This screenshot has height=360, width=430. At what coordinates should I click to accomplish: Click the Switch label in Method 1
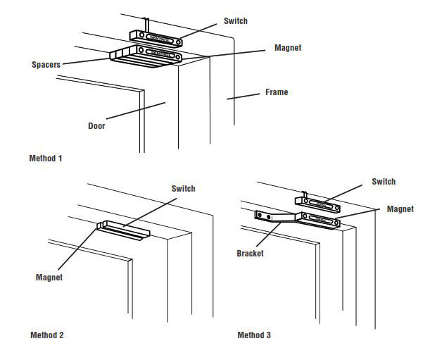point(235,21)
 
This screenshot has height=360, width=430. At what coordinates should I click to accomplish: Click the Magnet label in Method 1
point(288,48)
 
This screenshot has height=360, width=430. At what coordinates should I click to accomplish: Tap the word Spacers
point(46,64)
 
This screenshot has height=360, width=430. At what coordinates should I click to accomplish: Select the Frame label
point(276,92)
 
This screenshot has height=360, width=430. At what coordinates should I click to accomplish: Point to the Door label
point(96,126)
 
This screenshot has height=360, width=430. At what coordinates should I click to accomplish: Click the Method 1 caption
point(46,159)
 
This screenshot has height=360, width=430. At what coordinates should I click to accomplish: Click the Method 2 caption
point(47,335)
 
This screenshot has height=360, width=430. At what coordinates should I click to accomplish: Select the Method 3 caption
point(254,335)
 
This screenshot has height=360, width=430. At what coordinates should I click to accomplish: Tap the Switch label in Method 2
point(183,188)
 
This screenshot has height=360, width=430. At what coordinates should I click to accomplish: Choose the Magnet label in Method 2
point(49,277)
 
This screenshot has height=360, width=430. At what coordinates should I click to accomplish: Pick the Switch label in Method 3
point(384,182)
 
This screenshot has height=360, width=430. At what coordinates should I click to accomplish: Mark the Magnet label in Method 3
point(400,209)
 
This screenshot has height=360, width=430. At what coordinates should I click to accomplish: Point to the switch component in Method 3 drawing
point(324,206)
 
